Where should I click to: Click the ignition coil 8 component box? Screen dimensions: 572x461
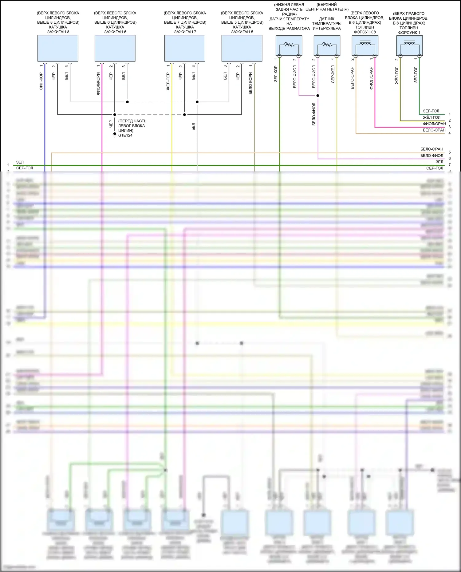[58, 48]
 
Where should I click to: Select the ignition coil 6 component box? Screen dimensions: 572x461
[115, 48]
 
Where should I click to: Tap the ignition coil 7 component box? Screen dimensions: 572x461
[185, 48]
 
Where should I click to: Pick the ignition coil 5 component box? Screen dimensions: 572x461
[242, 48]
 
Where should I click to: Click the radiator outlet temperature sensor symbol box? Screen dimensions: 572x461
[289, 46]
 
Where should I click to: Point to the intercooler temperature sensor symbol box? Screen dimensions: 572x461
[327, 46]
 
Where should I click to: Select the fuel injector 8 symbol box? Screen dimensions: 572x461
[365, 46]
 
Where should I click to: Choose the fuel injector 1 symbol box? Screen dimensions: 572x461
[409, 46]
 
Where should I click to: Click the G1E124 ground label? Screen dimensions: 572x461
[125, 135]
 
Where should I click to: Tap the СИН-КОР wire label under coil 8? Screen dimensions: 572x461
[41, 81]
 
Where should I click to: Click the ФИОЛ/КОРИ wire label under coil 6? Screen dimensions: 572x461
[98, 83]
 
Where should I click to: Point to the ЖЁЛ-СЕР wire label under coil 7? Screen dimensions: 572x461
[168, 81]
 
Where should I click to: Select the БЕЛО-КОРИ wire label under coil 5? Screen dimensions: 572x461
[250, 83]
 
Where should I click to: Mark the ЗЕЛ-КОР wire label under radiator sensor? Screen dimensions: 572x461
[276, 74]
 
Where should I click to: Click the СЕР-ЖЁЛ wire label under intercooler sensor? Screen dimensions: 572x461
[333, 74]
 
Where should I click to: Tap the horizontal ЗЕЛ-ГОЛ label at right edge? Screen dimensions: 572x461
[431, 111]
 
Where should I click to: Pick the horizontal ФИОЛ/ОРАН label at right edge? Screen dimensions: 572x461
[434, 124]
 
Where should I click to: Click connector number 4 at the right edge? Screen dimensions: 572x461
[450, 133]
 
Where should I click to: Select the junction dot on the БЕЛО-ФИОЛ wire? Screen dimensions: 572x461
[318, 96]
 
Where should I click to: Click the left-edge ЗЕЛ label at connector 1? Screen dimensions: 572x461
[20, 162]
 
